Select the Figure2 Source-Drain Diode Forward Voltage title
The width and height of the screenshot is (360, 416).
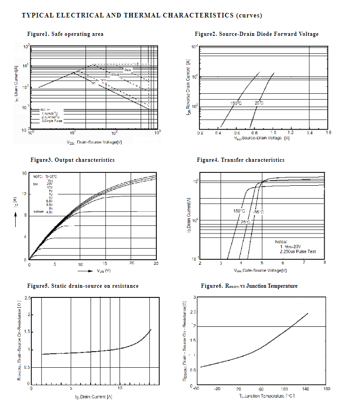tap(256, 34)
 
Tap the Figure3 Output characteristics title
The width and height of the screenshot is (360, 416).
tap(73, 160)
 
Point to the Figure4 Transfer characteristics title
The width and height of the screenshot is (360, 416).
tap(240, 160)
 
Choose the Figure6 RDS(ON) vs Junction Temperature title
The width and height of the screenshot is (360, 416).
tap(249, 286)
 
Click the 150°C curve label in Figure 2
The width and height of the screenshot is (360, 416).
tap(236, 103)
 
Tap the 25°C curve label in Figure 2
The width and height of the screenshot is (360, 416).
tap(259, 103)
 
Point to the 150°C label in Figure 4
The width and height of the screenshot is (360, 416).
tap(239, 211)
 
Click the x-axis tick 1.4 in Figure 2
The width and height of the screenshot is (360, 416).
tap(309, 133)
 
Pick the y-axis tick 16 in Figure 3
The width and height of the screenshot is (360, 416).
tap(24, 173)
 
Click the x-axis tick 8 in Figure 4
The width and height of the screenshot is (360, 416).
tap(325, 262)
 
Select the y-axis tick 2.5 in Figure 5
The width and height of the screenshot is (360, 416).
tap(27, 298)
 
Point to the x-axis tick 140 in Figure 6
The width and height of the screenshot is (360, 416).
tap(306, 389)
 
